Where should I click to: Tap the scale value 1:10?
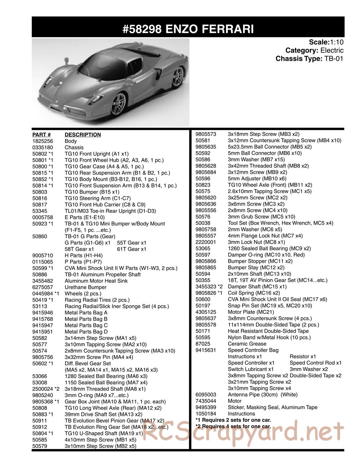(x=337, y=42)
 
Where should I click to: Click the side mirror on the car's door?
(x=67, y=60)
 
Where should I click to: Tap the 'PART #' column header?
(x=41, y=135)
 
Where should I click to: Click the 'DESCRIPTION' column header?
(x=83, y=135)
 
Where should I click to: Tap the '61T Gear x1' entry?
(x=131, y=249)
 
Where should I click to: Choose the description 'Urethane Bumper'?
(x=86, y=287)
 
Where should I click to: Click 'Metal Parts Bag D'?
(x=86, y=332)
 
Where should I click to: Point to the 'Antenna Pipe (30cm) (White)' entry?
(x=263, y=395)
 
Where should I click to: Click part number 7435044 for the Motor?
(x=206, y=401)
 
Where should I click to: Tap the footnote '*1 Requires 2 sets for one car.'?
(x=233, y=420)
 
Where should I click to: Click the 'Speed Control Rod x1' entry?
(x=316, y=363)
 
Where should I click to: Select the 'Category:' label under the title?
(x=301, y=50)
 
